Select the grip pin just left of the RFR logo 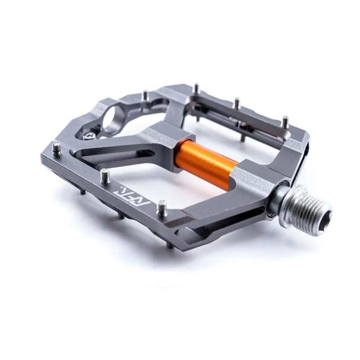(105, 176)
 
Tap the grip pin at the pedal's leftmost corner (57, 148)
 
